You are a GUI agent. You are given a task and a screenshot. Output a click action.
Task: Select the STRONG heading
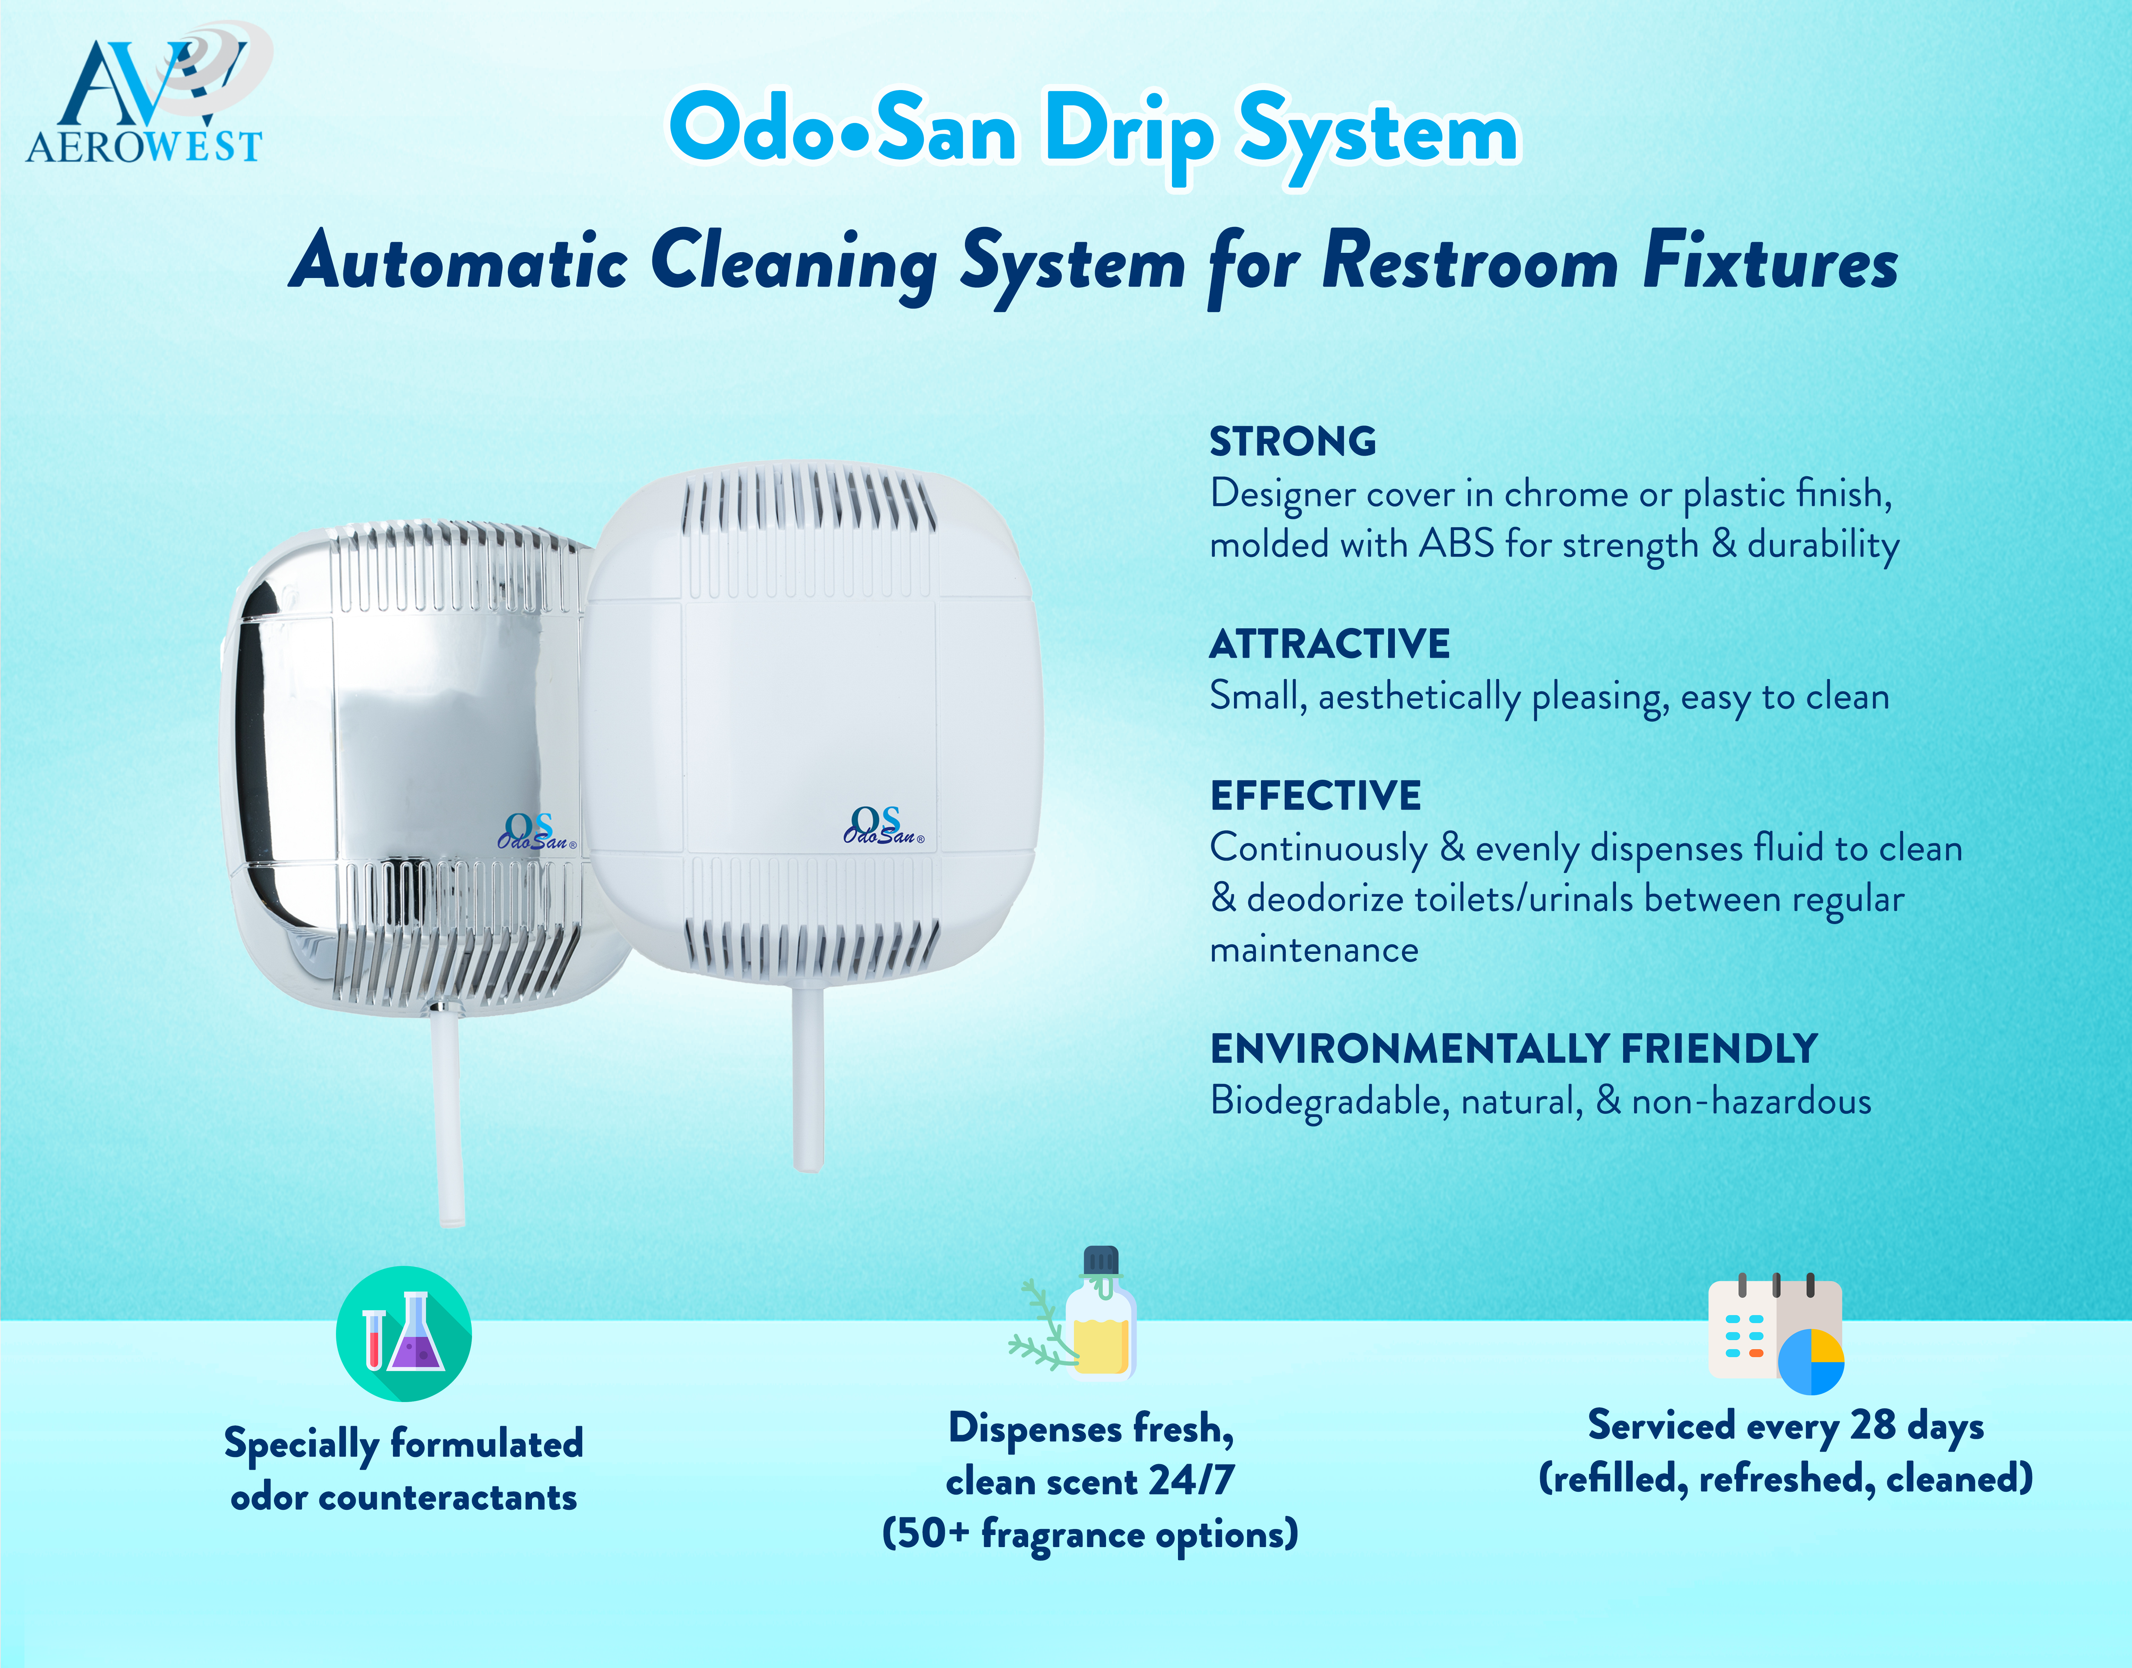(1292, 441)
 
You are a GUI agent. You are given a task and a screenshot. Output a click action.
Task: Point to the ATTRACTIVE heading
(1330, 645)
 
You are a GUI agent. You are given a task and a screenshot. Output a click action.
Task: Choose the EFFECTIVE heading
(1315, 796)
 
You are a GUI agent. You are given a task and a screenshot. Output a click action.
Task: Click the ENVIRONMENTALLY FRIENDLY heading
(1513, 1049)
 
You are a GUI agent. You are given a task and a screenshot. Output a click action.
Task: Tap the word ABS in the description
(1457, 544)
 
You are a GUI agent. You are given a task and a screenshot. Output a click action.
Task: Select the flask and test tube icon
(403, 1334)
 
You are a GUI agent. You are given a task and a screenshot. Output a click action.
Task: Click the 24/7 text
(1191, 1480)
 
